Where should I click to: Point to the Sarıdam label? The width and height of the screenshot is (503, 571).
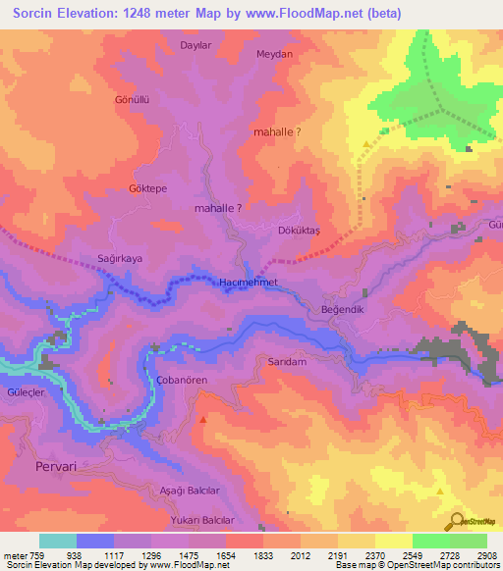click(x=289, y=361)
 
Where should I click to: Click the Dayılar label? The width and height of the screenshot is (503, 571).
click(x=196, y=45)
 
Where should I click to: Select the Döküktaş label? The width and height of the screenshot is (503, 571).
click(x=301, y=230)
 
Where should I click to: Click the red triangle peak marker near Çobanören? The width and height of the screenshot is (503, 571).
click(x=203, y=419)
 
